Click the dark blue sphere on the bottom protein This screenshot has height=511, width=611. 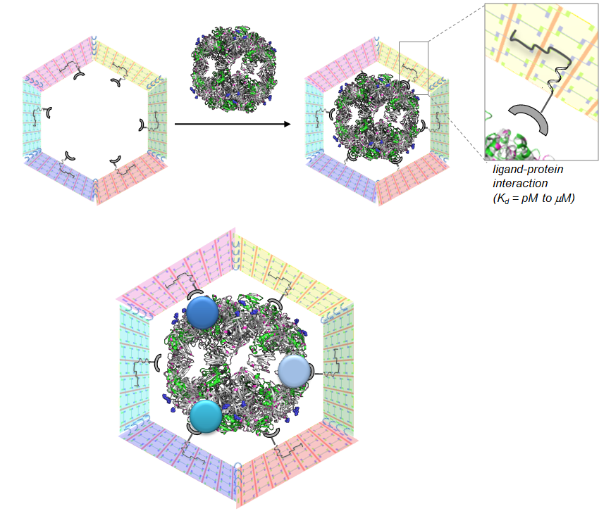pos(202,312)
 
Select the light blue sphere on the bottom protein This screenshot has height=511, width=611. pos(294,371)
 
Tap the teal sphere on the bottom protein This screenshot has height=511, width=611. pos(206,416)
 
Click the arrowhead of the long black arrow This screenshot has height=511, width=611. pos(288,124)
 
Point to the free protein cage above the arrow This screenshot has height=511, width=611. pos(234,69)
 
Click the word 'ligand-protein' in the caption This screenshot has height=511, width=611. pos(528,170)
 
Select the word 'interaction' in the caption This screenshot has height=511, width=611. pos(520,183)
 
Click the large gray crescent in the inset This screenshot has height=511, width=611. pos(531,118)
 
